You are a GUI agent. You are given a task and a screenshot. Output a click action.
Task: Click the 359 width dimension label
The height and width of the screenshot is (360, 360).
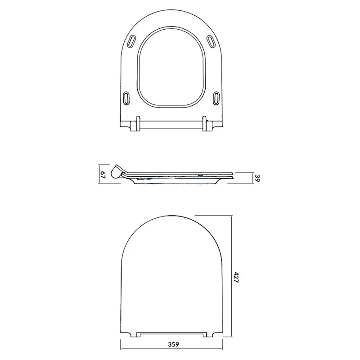coord(173,344)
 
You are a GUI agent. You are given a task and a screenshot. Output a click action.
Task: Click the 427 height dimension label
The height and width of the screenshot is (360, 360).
coord(236,277)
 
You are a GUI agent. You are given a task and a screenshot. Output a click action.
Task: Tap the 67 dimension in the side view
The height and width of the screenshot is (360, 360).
coord(103,175)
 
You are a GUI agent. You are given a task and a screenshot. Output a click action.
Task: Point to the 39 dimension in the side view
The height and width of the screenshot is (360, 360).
coord(257,178)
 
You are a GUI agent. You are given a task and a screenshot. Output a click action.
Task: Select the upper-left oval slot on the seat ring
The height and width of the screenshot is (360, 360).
coord(131,42)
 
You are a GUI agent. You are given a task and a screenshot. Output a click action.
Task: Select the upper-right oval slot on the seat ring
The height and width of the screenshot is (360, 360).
coord(211,41)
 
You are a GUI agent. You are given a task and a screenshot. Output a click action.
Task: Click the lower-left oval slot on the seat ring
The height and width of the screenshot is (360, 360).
coord(126,98)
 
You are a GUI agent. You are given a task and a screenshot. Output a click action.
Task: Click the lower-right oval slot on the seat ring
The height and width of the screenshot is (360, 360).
coord(216,98)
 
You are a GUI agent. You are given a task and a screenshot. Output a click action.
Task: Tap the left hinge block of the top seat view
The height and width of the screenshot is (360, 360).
coord(135,124)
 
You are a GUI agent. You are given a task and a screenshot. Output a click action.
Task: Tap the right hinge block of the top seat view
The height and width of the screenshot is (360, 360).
coord(207,124)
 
